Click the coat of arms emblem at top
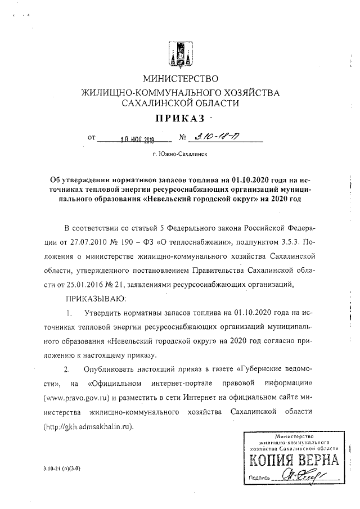tap(179, 54)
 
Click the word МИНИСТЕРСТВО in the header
tap(180, 78)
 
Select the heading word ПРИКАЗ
tap(179, 119)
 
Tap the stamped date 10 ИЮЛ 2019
tap(136, 138)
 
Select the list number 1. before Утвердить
tap(69, 312)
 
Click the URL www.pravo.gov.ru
tap(75, 398)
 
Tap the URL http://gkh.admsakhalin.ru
tap(88, 426)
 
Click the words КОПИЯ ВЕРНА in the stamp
tap(291, 461)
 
